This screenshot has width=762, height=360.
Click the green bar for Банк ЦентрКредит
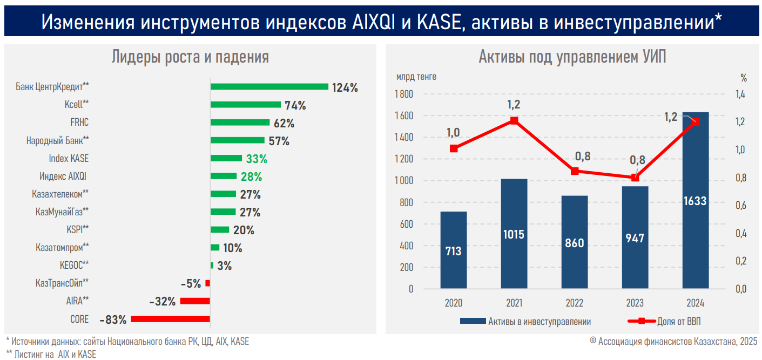[x=269, y=86]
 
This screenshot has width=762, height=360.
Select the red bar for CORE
[x=170, y=319]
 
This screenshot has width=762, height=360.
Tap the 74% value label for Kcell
[x=295, y=105]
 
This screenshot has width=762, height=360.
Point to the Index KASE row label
[x=69, y=159]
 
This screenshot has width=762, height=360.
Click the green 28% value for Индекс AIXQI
[x=252, y=176]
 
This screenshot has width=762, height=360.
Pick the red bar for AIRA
[x=195, y=301]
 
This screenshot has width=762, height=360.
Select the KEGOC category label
[x=74, y=265]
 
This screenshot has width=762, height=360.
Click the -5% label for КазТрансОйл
[x=191, y=283]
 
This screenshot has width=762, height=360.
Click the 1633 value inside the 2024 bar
[x=695, y=201]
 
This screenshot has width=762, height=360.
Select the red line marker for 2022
[x=575, y=171]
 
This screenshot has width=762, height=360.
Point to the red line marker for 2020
[x=454, y=148]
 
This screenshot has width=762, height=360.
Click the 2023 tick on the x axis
[x=635, y=303]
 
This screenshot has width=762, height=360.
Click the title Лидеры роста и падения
[x=190, y=57]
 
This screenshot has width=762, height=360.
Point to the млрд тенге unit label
[x=416, y=77]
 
